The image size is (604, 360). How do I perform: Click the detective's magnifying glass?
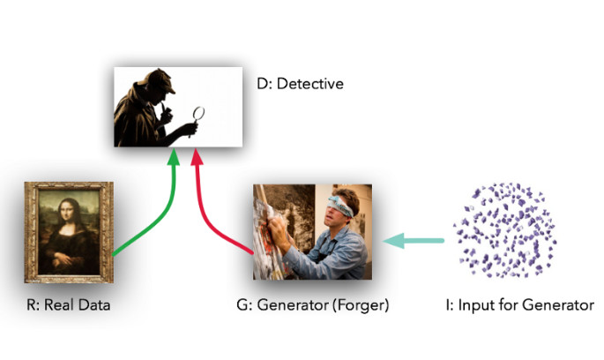[x=198, y=113]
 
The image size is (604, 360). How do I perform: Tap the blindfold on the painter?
[x=340, y=209]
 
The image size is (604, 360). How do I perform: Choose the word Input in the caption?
[x=471, y=306]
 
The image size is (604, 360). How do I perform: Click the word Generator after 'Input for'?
[x=559, y=306]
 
